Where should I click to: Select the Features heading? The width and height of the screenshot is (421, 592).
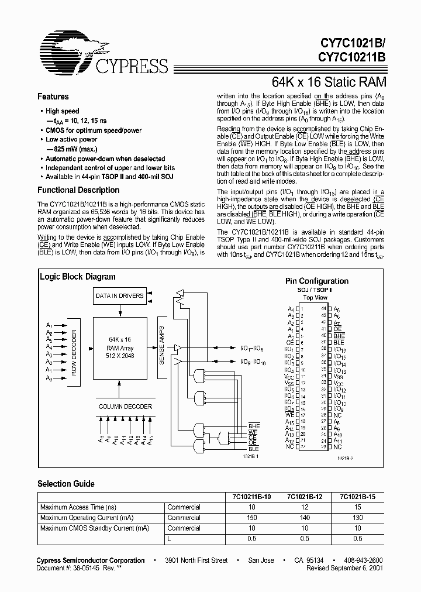tap(53, 97)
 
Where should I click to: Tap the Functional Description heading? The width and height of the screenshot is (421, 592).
tap(78, 190)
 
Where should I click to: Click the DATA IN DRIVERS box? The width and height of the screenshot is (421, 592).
tap(119, 296)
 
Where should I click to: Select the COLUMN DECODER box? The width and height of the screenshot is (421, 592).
tap(125, 406)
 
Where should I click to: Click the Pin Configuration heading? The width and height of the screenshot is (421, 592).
tap(316, 281)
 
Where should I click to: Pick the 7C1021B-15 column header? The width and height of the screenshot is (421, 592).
tap(358, 497)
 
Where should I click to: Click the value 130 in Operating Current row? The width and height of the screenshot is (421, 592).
tap(358, 518)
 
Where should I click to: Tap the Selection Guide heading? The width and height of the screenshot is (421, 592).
tap(66, 484)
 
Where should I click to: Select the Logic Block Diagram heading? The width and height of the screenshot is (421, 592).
tap(78, 277)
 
